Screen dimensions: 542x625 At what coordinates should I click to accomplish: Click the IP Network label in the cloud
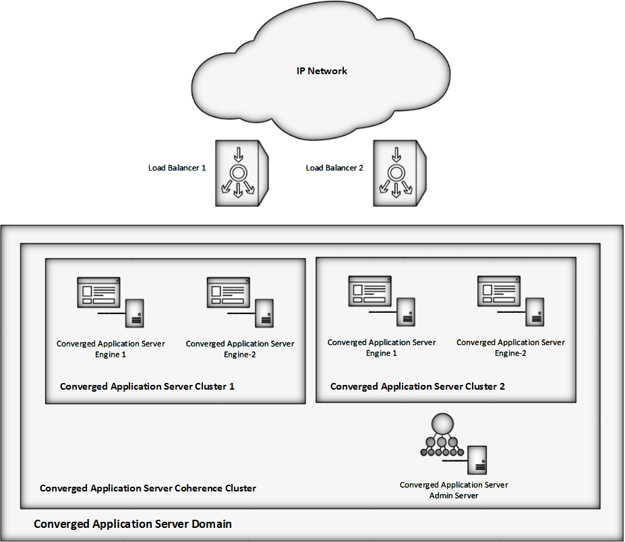coord(322,71)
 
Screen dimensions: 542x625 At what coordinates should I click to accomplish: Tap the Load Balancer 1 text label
coord(177,168)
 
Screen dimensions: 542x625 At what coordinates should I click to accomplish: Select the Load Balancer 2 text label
coord(334,168)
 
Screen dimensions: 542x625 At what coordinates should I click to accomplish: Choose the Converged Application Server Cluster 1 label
coord(147,387)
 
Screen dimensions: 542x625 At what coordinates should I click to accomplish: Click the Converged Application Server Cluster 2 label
coord(417,387)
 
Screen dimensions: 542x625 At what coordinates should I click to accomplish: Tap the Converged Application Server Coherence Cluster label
coord(148,488)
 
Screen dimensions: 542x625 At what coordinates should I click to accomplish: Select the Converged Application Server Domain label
coord(133,524)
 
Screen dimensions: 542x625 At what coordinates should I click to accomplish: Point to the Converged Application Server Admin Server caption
coord(454,490)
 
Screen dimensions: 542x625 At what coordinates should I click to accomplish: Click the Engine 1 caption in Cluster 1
coord(111,349)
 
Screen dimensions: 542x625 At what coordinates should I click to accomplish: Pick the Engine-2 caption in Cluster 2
coord(510,348)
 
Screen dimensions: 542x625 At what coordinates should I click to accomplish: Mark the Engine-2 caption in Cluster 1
coord(240,349)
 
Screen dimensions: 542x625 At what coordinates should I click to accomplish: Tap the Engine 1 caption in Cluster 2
coord(382,348)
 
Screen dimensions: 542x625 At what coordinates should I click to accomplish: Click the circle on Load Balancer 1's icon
coord(237,173)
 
